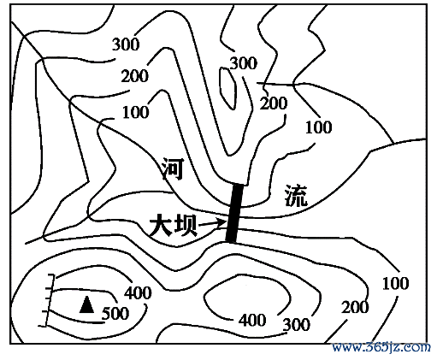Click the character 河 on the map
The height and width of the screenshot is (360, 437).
[x=173, y=168]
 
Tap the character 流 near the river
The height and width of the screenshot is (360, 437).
[x=296, y=196]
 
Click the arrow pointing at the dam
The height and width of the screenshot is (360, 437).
[x=212, y=223]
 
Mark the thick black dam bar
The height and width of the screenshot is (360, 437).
[x=234, y=213]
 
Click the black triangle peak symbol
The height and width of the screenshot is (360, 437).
[x=86, y=304]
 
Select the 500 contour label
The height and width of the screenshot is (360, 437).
[x=115, y=314]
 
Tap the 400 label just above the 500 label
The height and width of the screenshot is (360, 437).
[x=138, y=292]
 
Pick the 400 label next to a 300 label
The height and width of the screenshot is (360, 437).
[x=252, y=320]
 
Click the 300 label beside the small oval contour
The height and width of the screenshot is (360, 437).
[x=243, y=63]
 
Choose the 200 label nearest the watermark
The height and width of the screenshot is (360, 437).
[x=355, y=307]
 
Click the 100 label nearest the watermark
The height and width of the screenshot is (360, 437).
[x=395, y=283]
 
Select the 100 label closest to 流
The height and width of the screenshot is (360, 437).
[x=319, y=127]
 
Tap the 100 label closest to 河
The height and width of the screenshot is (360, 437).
[x=136, y=112]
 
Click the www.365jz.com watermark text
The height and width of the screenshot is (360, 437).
[x=381, y=347]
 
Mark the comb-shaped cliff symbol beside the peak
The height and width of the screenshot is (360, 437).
[x=49, y=301]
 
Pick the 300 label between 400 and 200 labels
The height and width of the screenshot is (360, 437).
[x=297, y=324]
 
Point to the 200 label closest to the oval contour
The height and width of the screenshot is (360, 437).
[x=274, y=103]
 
